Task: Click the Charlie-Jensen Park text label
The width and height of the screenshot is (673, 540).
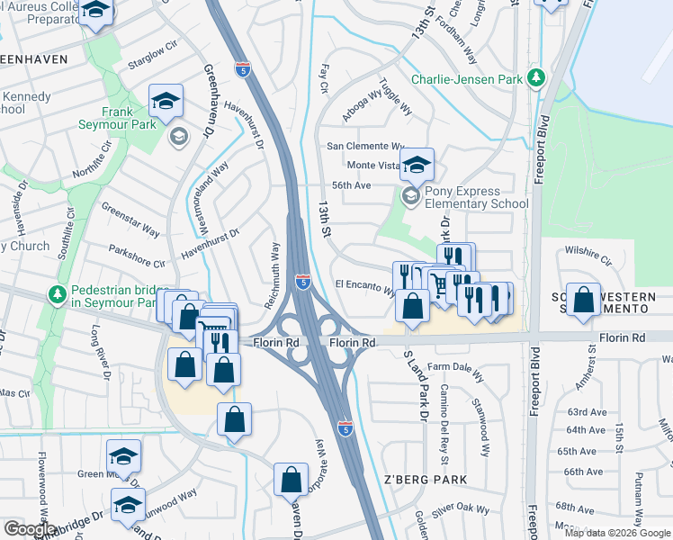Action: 467,79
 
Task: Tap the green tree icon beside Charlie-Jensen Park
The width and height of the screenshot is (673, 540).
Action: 536,77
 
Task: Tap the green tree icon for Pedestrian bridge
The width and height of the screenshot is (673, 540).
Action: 58,294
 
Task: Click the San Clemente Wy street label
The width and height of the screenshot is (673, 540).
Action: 365,146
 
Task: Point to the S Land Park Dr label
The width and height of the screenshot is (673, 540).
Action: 417,384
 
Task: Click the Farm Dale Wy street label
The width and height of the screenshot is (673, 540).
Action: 455,366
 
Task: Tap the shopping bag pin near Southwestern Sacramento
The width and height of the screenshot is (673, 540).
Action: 584,301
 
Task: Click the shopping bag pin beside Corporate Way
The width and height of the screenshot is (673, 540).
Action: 292,481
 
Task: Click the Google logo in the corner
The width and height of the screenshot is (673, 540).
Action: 30,529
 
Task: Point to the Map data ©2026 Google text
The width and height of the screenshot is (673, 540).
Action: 617,533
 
